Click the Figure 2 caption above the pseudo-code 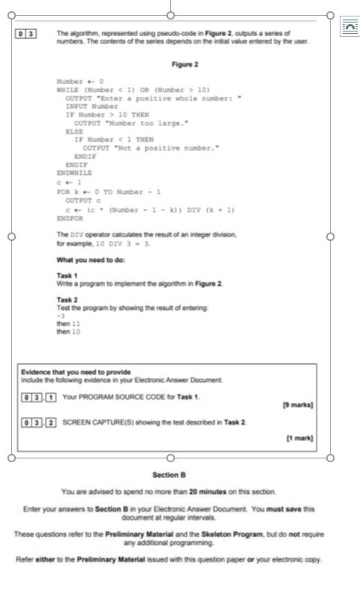click(x=184, y=65)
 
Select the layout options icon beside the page click(x=349, y=26)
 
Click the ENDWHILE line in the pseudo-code click(x=72, y=173)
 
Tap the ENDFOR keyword click(x=70, y=219)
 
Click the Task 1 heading click(x=67, y=276)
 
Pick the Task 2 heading click(x=67, y=300)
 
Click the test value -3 click(x=61, y=316)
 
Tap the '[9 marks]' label click(x=297, y=405)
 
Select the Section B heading click(x=169, y=475)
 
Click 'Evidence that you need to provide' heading click(x=76, y=372)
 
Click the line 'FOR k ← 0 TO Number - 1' click(x=109, y=191)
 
